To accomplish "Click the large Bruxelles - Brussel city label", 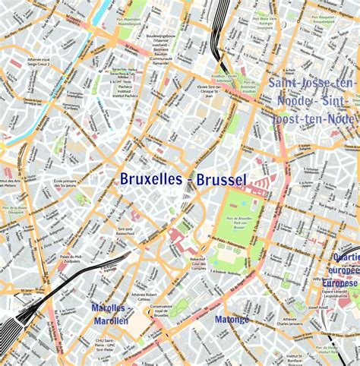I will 183,180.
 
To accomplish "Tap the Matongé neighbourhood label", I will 232,320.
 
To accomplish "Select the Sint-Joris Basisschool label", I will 126,231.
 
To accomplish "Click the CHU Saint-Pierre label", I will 105,344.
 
